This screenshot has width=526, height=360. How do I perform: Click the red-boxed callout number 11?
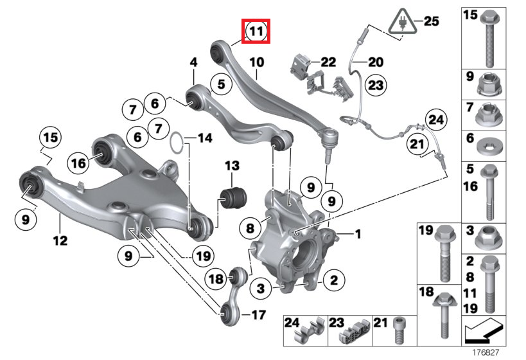click(x=256, y=31)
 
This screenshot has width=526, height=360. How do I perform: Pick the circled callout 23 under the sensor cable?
click(x=375, y=84)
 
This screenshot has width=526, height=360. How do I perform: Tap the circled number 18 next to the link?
click(x=216, y=278)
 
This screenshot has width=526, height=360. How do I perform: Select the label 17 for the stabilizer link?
click(x=258, y=314)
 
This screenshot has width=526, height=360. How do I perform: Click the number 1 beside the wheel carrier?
click(x=358, y=233)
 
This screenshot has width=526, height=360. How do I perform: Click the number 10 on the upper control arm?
click(x=256, y=62)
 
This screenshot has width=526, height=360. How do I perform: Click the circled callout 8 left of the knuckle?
click(x=249, y=228)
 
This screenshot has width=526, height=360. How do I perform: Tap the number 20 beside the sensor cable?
click(x=375, y=62)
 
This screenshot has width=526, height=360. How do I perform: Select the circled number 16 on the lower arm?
click(x=78, y=163)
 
